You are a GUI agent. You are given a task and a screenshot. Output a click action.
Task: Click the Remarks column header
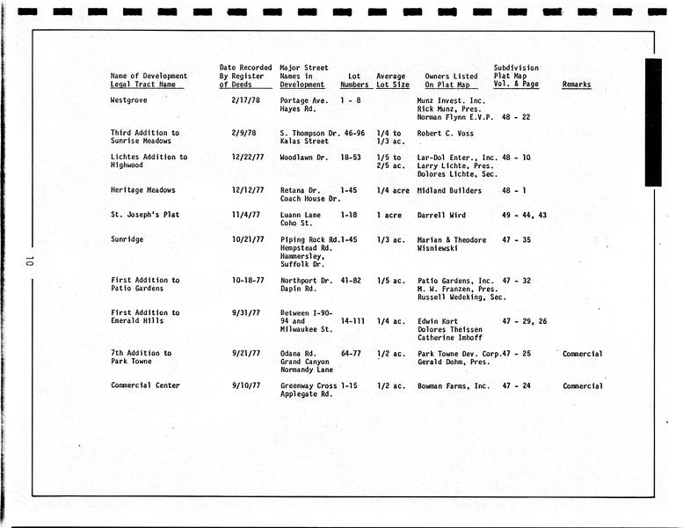pyautogui.click(x=577, y=84)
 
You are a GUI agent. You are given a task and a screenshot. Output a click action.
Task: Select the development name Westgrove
pyautogui.click(x=129, y=100)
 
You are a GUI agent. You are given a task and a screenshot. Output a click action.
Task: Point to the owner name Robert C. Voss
pyautogui.click(x=447, y=133)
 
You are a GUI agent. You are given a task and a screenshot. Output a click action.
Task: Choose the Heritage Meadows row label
pyautogui.click(x=143, y=190)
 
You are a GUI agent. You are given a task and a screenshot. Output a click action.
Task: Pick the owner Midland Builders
pyautogui.click(x=450, y=190)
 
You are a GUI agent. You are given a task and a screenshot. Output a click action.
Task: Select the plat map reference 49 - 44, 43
pyautogui.click(x=524, y=215)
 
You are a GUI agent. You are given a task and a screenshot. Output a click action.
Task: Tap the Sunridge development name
pyautogui.click(x=127, y=239)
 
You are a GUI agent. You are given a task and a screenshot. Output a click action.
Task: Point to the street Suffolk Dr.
pyautogui.click(x=302, y=264)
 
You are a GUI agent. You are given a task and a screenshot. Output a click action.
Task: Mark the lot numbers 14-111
pyautogui.click(x=353, y=321)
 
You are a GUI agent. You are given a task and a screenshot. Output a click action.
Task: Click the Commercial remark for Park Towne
pyautogui.click(x=583, y=354)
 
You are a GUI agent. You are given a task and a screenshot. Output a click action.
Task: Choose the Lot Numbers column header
pyautogui.click(x=354, y=80)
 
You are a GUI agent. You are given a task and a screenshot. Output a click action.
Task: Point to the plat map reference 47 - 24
pyautogui.click(x=516, y=386)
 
